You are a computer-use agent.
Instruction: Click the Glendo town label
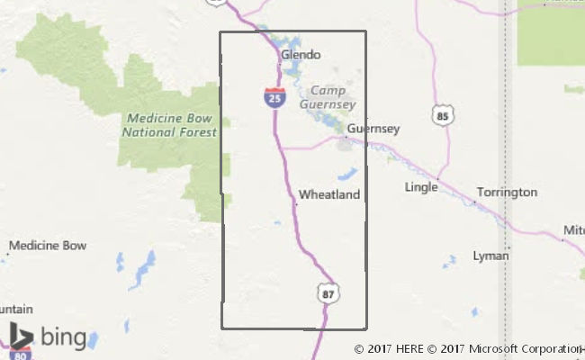301,55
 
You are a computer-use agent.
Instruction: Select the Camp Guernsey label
332,97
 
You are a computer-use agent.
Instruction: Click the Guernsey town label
373,129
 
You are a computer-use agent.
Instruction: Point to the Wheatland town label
329,194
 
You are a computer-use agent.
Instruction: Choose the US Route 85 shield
441,115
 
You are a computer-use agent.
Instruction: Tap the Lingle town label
421,187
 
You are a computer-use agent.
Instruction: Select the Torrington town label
507,193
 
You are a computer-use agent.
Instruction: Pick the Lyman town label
490,256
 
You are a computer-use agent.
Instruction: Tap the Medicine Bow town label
48,245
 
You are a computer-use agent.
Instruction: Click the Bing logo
49,337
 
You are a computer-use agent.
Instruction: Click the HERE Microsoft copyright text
468,349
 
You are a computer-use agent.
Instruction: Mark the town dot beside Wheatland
295,204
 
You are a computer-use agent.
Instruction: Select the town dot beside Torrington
473,202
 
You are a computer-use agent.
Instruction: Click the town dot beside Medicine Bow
8,255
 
